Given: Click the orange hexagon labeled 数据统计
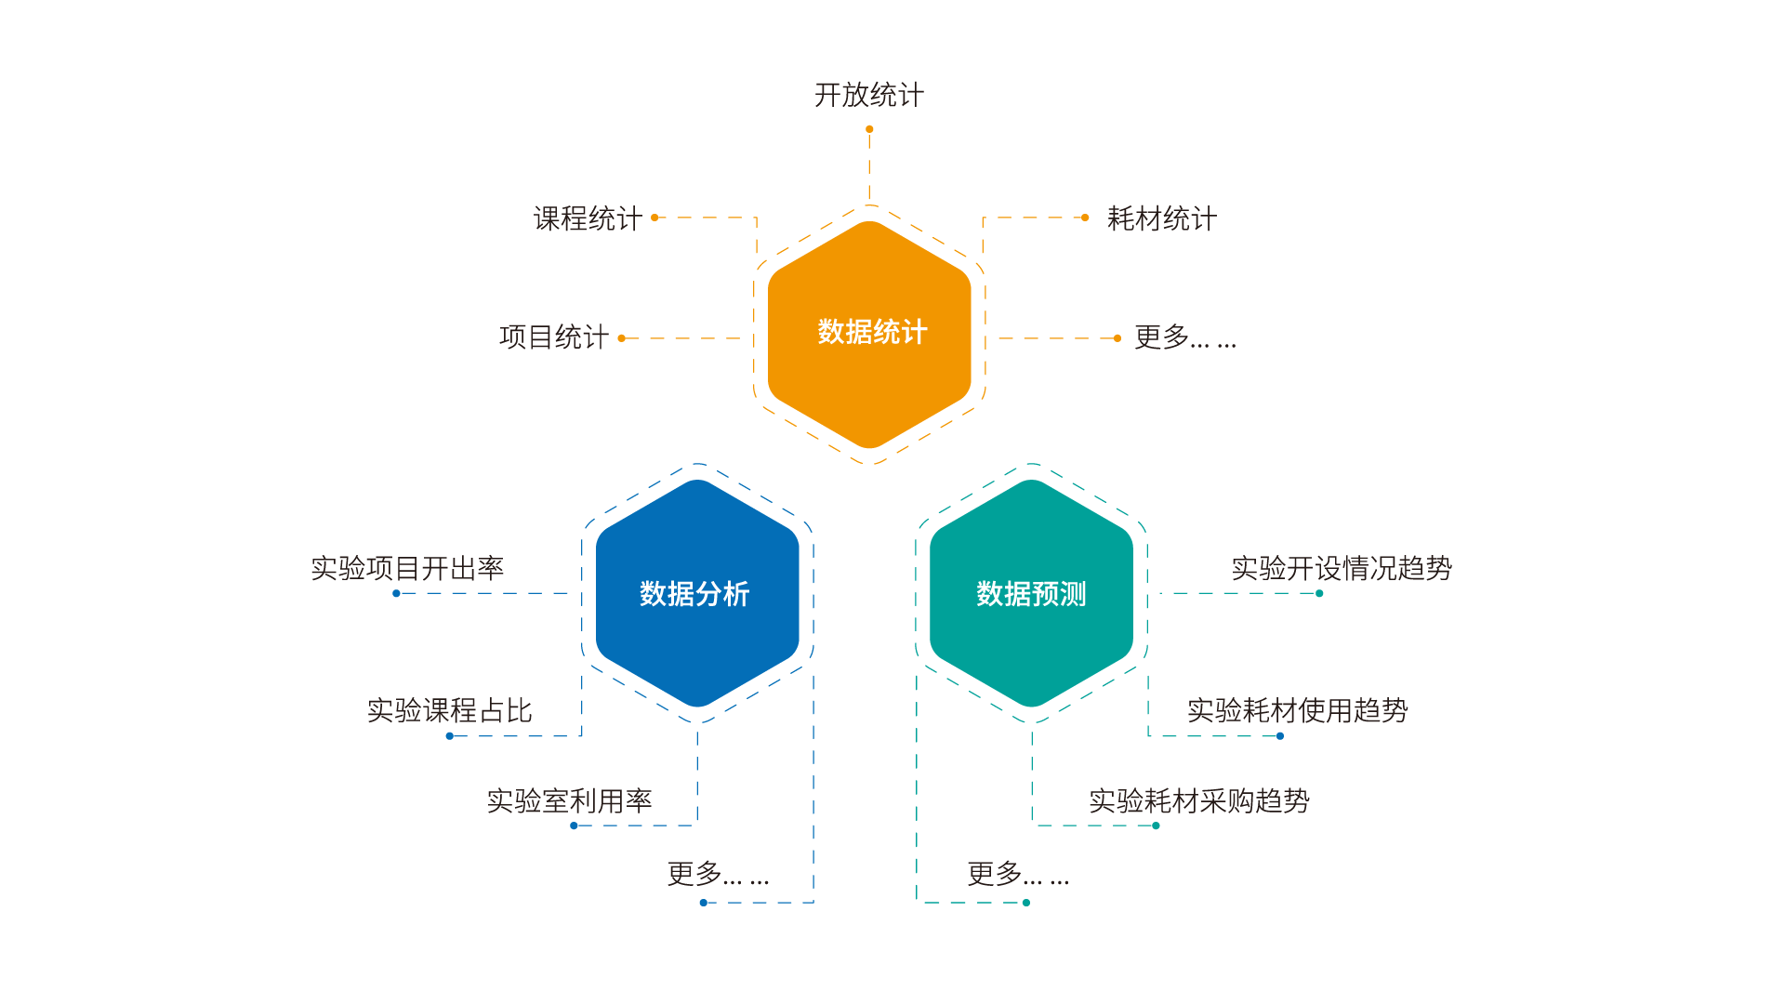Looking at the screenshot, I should (x=869, y=333).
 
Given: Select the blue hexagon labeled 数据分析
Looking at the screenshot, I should (x=696, y=593).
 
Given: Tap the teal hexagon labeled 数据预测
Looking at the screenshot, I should (x=1031, y=593).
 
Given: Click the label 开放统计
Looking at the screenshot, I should (x=869, y=95).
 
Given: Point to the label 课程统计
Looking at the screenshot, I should (x=588, y=218).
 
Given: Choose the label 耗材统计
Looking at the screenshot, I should (x=1161, y=218).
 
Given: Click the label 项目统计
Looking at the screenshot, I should (x=553, y=337).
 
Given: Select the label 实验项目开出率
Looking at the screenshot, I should (x=407, y=568).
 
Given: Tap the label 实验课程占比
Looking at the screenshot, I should (x=449, y=710).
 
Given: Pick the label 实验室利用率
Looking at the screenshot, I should (x=569, y=800).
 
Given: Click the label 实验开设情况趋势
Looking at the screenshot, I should (x=1342, y=568).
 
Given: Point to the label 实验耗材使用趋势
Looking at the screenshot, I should (x=1297, y=710).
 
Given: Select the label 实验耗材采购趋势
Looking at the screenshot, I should (x=1199, y=800).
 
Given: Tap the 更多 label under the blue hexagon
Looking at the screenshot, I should (x=718, y=874).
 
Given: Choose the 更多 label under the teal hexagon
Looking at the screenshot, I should (x=1018, y=874).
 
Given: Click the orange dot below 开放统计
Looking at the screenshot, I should (x=869, y=129).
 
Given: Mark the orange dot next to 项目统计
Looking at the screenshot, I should (x=622, y=338).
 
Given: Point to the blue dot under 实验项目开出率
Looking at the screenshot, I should (x=396, y=593).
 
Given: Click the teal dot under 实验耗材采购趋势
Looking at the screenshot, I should (x=1156, y=826).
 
